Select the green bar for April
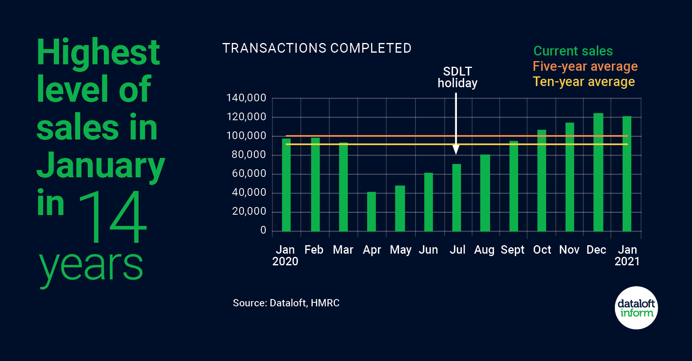coord(371,211)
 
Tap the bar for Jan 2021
coord(627,174)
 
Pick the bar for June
coord(428,202)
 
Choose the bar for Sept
coord(514,186)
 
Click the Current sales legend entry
coord(573,51)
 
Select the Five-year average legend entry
coord(585,66)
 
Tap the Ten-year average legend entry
coord(584,82)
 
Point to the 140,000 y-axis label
coord(246,98)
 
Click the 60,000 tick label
coord(249,173)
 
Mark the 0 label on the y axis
coord(263,230)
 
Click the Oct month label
coord(542,250)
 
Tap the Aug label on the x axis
coord(484,250)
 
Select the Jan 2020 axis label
coord(285,255)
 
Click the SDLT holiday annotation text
coord(457,77)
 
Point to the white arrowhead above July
coord(456,150)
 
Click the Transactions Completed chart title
coord(317,48)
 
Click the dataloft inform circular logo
coord(636,308)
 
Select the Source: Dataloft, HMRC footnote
coord(286,303)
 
